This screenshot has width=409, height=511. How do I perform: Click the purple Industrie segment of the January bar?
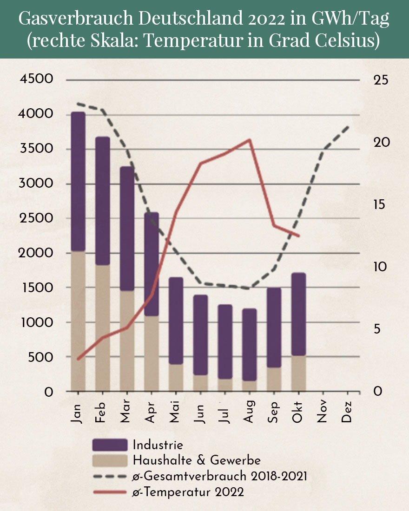pyautogui.click(x=78, y=181)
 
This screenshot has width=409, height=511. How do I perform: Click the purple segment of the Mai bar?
pyautogui.click(x=176, y=321)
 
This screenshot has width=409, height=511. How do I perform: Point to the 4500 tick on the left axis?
pyautogui.click(x=37, y=79)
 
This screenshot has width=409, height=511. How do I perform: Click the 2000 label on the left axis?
pyautogui.click(x=37, y=253)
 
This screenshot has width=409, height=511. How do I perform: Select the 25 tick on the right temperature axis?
pyautogui.click(x=381, y=79)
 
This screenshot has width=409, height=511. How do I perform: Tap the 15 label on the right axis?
pyautogui.click(x=381, y=204)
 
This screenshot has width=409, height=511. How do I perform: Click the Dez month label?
pyautogui.click(x=347, y=412)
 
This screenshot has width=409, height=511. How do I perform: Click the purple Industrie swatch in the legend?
pyautogui.click(x=110, y=445)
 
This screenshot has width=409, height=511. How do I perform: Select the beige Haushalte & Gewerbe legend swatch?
pyautogui.click(x=110, y=461)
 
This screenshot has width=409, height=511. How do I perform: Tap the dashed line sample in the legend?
pyautogui.click(x=110, y=476)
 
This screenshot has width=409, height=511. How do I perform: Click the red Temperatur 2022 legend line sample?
pyautogui.click(x=110, y=491)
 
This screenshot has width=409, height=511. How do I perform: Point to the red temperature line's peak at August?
pyautogui.click(x=250, y=140)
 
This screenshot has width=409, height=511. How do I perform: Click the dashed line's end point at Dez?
pyautogui.click(x=348, y=126)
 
